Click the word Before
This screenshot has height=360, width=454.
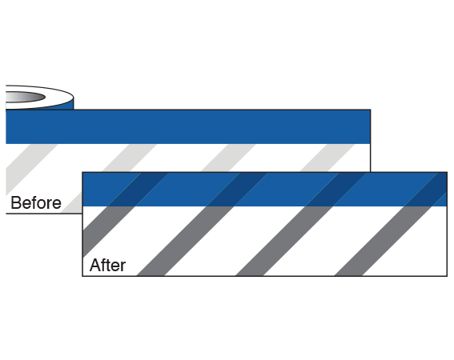point(36,202)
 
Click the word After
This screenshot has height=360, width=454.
point(108,265)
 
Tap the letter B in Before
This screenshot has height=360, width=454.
point(15,202)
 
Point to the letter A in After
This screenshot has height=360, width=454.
point(94,265)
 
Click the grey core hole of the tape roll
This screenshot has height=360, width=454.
point(25,97)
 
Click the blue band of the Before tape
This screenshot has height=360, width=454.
point(188,126)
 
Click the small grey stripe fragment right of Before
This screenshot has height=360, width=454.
point(72,204)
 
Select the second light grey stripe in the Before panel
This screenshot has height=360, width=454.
point(130,158)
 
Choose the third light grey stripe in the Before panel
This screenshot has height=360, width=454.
point(229,158)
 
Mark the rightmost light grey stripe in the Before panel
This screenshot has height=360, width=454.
point(327,158)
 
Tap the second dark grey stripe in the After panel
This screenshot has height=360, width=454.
point(185,241)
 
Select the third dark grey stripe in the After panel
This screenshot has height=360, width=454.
point(284,241)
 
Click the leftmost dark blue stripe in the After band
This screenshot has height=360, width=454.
point(138,190)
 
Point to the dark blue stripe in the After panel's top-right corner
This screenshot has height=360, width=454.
point(427,190)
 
